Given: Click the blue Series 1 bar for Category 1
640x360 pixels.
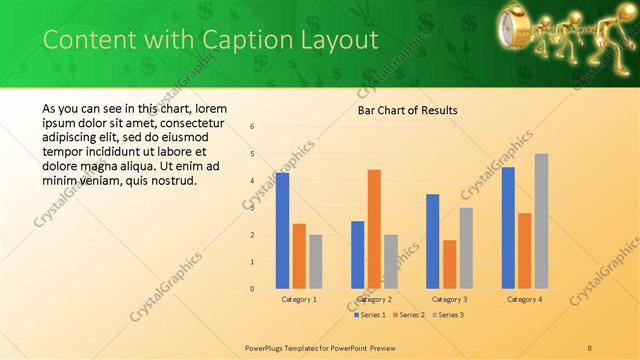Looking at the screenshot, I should pyautogui.click(x=282, y=230).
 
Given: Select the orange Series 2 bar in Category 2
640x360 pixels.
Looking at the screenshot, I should pyautogui.click(x=374, y=229).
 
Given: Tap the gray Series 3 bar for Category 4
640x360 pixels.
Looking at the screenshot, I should pyautogui.click(x=541, y=221).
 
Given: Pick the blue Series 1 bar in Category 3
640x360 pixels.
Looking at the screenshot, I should pyautogui.click(x=432, y=241).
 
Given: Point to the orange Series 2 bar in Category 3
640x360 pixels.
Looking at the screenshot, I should pyautogui.click(x=449, y=264).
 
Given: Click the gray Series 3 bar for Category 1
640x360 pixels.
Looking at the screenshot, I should pyautogui.click(x=316, y=261).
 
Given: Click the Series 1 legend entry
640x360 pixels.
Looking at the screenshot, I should pyautogui.click(x=370, y=315).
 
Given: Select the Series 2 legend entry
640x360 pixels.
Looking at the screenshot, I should pyautogui.click(x=410, y=315).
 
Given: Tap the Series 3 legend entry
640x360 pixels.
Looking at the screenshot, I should pyautogui.click(x=449, y=315).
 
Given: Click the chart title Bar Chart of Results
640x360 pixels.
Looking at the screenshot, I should pyautogui.click(x=408, y=110).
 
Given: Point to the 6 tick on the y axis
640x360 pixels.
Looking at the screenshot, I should pyautogui.click(x=253, y=127).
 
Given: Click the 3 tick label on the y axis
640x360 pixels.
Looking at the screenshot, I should pyautogui.click(x=253, y=208).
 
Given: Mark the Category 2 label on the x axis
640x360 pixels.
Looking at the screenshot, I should pyautogui.click(x=374, y=299).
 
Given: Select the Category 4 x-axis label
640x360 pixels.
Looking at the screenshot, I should pyautogui.click(x=524, y=299).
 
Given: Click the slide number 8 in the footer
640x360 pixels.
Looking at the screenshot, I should pyautogui.click(x=589, y=347).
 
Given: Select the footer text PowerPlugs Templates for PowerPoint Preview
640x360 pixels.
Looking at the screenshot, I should pyautogui.click(x=320, y=347).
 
